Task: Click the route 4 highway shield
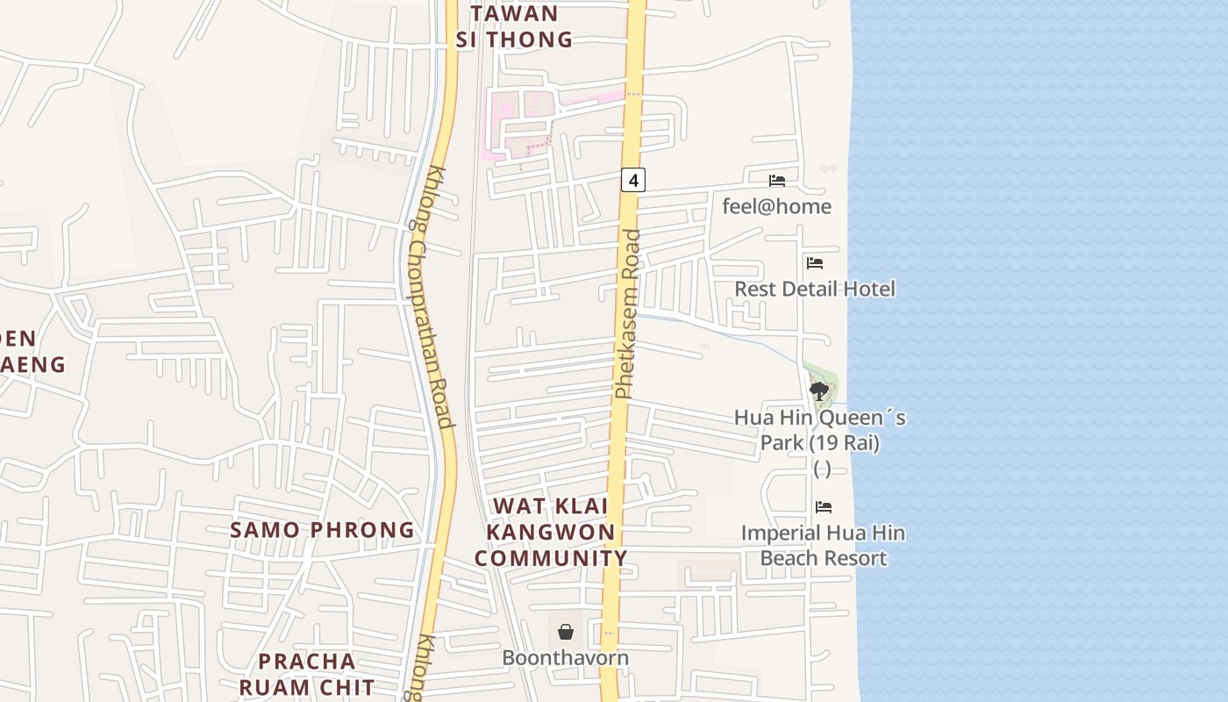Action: point(633,180)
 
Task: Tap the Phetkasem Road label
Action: point(627,313)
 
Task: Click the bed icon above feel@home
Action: point(777,181)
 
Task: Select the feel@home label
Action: point(776,206)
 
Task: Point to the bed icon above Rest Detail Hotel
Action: point(815,262)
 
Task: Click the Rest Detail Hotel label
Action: point(814,289)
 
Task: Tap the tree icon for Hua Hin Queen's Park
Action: point(819,390)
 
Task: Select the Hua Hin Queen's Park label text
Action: point(819,430)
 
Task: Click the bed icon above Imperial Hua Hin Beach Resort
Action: point(823,507)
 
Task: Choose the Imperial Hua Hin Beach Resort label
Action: point(823,545)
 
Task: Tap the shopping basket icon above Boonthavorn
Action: point(566,632)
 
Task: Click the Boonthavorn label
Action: point(565,657)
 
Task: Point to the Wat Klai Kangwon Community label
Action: point(551,532)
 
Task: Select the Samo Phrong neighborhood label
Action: point(322,530)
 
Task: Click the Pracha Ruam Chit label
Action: point(307,674)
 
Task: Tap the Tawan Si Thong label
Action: point(514,26)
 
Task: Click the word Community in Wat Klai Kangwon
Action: point(551,558)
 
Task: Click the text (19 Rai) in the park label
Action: point(819,442)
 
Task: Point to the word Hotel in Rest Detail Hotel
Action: point(867,289)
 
